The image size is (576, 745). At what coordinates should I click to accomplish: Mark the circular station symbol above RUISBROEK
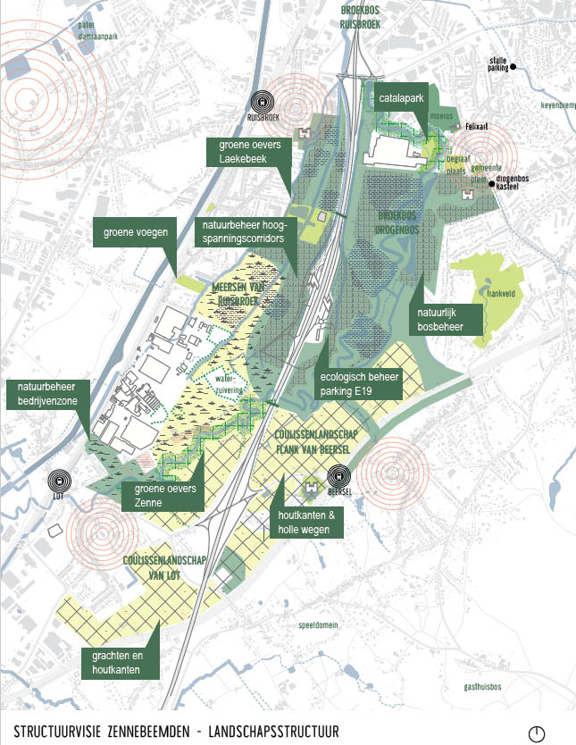tap(260, 101)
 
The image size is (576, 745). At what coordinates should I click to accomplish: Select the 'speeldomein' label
tap(319, 624)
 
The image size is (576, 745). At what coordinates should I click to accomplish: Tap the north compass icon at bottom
tap(537, 732)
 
